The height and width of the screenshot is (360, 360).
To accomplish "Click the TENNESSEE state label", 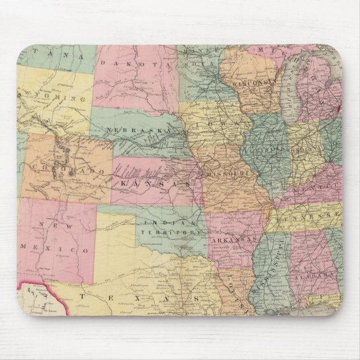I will [311, 215].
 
